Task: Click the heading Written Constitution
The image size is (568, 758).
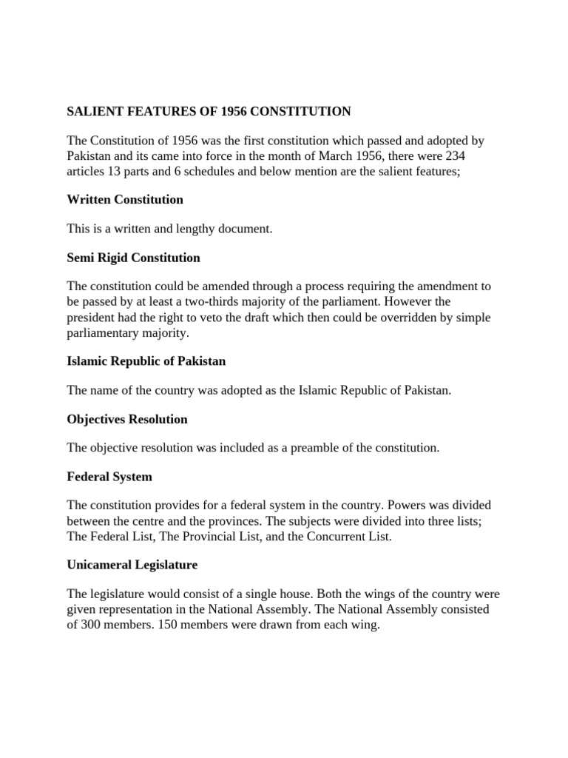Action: click(125, 200)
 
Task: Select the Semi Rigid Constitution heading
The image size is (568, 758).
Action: click(133, 258)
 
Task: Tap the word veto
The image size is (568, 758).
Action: click(228, 318)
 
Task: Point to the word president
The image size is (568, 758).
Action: click(92, 318)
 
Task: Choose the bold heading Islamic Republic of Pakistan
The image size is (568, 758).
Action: click(146, 361)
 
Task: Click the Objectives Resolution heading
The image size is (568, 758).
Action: click(127, 419)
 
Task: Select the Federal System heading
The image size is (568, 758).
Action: click(109, 477)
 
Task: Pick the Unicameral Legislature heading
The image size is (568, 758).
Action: click(132, 565)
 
